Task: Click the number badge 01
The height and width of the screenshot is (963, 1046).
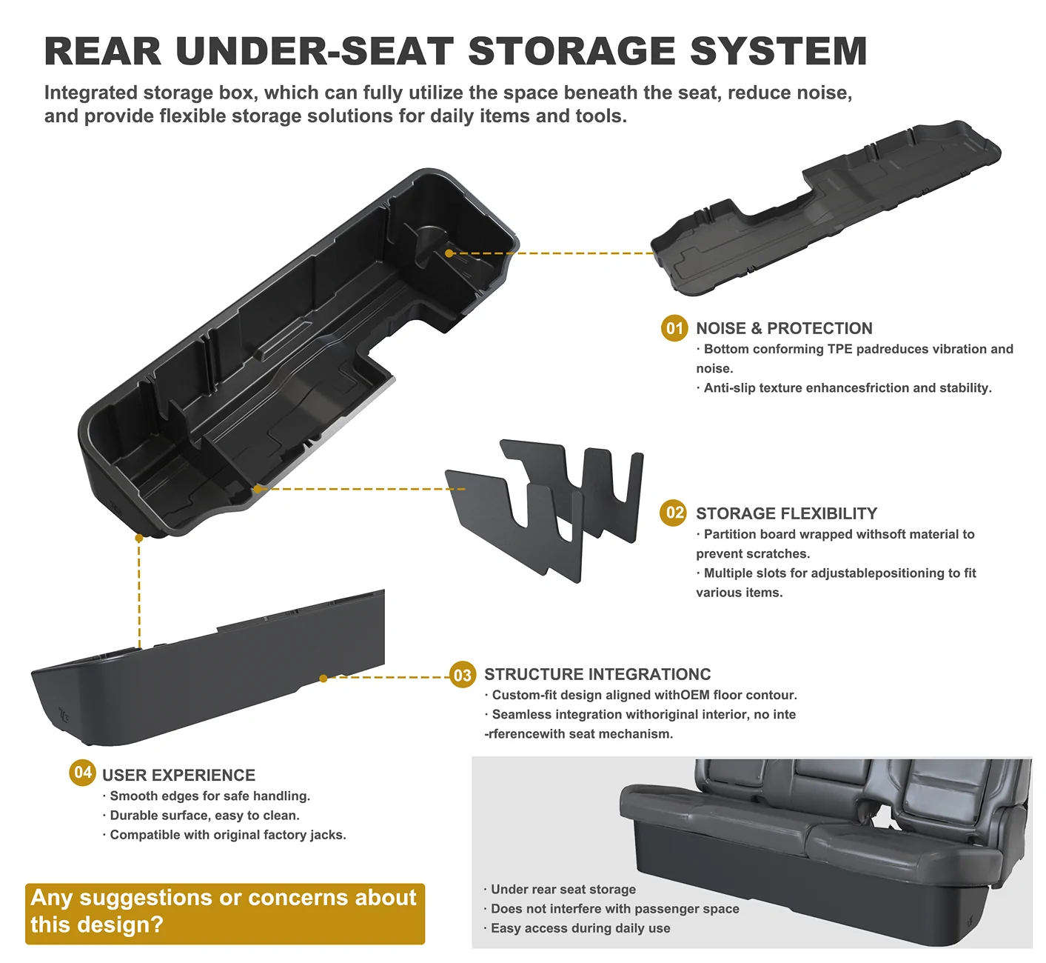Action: coord(674,328)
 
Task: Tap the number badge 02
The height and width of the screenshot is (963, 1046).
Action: coord(673,513)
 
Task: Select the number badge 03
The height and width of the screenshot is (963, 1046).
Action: coord(463,675)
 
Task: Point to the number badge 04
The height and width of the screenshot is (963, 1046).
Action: coord(82,773)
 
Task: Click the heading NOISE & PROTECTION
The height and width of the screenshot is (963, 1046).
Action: coord(784,328)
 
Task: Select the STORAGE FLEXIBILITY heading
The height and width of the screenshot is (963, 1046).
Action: coord(786,513)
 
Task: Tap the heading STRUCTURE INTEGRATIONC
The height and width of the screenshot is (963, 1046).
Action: coord(597,674)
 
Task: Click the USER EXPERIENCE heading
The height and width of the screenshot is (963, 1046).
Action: coord(179,775)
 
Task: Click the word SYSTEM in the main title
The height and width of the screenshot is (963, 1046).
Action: coord(779,51)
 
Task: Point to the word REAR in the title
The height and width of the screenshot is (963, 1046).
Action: coord(103,51)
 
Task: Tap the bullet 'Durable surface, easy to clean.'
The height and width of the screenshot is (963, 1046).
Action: coord(201,816)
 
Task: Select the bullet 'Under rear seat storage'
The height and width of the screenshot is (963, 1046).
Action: coord(560,889)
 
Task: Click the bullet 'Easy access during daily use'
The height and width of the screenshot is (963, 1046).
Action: coord(577,928)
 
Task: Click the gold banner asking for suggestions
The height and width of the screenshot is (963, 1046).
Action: coord(225,914)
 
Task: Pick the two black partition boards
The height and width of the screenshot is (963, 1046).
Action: coord(544,510)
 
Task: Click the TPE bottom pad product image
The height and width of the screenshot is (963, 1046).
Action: coord(826,207)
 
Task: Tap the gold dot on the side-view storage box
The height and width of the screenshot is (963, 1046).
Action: coord(323,678)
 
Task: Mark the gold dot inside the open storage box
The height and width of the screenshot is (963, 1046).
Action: coord(449,253)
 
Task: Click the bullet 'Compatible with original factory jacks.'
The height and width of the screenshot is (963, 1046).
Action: coord(225,835)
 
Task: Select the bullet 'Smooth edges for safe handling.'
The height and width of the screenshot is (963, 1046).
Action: coord(207,796)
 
